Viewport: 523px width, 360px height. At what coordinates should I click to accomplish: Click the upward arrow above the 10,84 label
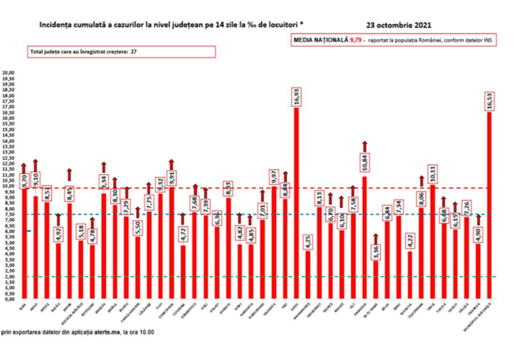[364, 146]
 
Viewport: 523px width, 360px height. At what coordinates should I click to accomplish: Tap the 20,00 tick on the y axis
[8, 73]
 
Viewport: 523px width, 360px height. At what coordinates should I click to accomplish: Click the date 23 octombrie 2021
[400, 25]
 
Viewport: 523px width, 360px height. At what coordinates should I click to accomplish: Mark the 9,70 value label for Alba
[24, 181]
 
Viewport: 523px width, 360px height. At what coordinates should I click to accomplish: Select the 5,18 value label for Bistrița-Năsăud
[80, 231]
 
